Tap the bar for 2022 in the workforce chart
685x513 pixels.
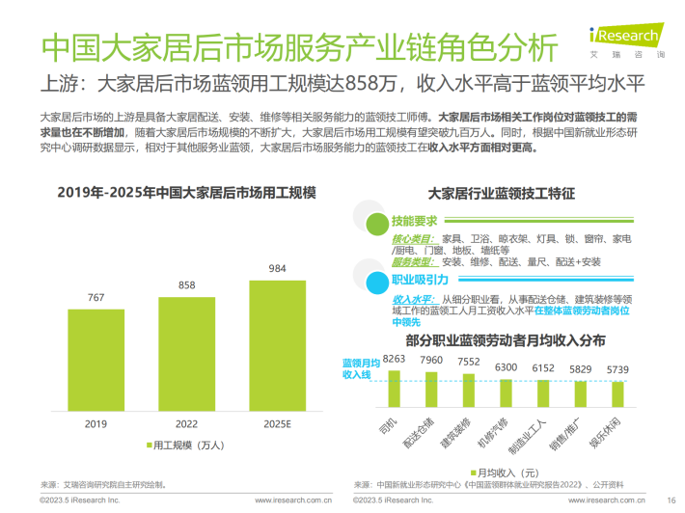186,353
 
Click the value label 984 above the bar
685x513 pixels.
277,268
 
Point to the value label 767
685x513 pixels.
96,298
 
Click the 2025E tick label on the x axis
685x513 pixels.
277,423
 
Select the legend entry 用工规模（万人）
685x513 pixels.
188,445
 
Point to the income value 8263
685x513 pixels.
394,359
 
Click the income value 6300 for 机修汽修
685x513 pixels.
506,367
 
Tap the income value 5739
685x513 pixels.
616,370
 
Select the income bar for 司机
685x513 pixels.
394,387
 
